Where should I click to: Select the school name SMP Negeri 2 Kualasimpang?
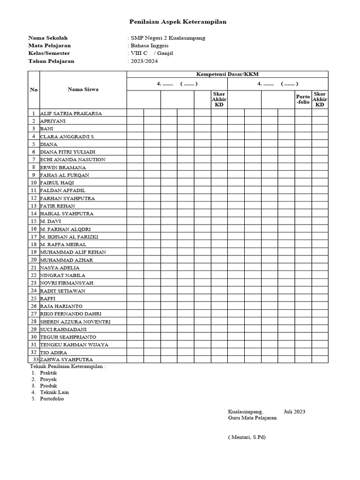(x=167, y=38)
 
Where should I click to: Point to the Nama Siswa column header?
(x=83, y=90)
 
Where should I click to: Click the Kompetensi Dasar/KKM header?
(x=227, y=74)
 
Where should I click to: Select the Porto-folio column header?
(x=303, y=99)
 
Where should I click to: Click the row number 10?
(x=34, y=183)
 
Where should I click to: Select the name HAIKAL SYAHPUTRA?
(x=67, y=214)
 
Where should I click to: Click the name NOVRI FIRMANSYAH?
(x=67, y=283)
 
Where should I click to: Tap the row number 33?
(x=36, y=360)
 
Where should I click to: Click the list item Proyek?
(x=48, y=379)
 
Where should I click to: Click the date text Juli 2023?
(x=294, y=412)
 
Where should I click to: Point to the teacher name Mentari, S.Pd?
(x=247, y=437)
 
